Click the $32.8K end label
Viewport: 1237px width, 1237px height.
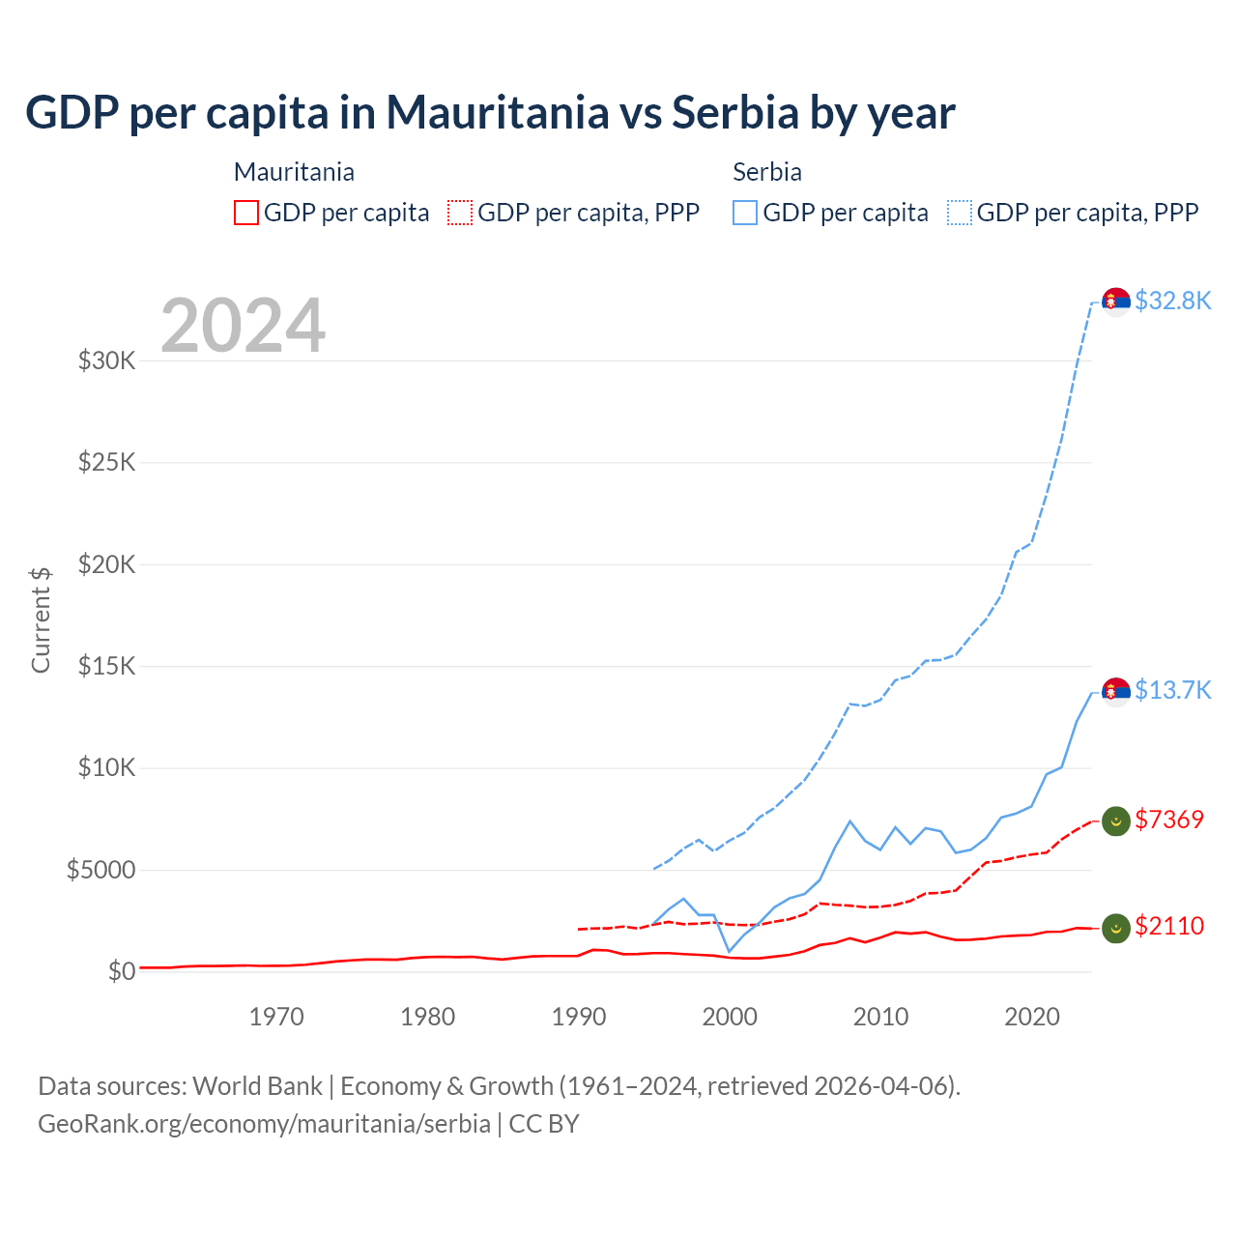pos(1172,301)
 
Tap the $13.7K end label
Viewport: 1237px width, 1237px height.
pos(1172,690)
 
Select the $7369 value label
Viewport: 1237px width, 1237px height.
pos(1169,820)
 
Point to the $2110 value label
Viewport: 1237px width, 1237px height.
pos(1169,926)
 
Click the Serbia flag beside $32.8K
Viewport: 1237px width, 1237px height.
pos(1116,302)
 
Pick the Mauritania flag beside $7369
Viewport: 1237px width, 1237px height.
pos(1116,820)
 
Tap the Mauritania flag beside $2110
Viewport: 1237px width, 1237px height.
pos(1116,928)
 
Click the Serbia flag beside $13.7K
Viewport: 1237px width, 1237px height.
pos(1116,691)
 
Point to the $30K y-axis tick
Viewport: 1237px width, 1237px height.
pos(106,361)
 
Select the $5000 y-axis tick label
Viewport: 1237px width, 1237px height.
pos(101,870)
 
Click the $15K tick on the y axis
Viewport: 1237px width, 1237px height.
pos(106,667)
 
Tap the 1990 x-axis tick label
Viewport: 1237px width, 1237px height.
pos(579,1017)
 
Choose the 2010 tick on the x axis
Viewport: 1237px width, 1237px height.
pos(880,1017)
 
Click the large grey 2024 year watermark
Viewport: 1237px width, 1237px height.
pos(243,326)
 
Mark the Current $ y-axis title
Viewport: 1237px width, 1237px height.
pos(41,619)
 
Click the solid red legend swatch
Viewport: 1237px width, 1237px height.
pos(246,213)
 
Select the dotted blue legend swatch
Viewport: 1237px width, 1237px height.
pos(960,213)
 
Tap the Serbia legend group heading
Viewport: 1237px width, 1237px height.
pos(767,172)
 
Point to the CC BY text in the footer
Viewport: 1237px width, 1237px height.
pos(544,1124)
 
